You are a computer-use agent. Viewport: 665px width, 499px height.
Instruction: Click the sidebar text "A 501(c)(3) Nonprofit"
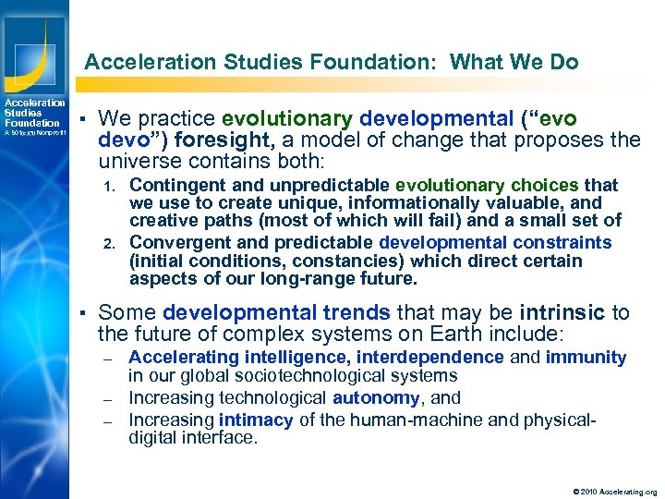(33, 133)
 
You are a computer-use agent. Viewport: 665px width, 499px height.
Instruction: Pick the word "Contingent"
(175, 186)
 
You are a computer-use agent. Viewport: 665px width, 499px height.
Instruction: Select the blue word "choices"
(544, 186)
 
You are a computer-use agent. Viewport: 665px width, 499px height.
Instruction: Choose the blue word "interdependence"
(430, 357)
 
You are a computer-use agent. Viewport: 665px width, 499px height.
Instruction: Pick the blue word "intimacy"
(256, 420)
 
